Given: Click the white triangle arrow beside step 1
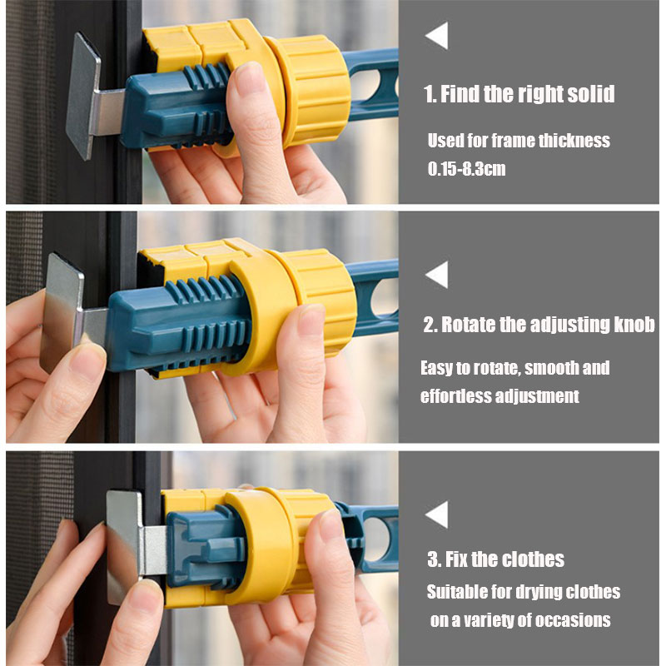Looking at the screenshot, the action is coord(440,36).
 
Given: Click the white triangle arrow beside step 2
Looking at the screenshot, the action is coord(440,275).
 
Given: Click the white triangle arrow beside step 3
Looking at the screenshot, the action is coord(440,514).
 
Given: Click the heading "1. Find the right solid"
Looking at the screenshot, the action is coord(519,94).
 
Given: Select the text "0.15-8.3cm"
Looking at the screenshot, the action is coord(466,169).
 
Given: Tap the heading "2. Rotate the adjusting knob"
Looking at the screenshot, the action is coord(539,325).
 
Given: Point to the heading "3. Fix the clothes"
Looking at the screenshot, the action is coord(495,559).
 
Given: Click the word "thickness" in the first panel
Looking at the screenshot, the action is coord(574,141).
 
